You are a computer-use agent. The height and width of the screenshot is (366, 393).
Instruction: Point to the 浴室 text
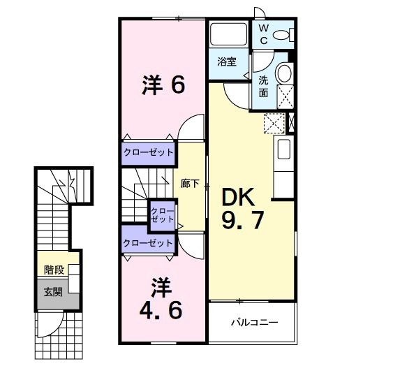pyautogui.click(x=226, y=61)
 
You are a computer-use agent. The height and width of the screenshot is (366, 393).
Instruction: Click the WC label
pyautogui.click(x=264, y=34)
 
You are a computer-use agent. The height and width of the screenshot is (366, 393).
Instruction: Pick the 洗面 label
pyautogui.click(x=264, y=86)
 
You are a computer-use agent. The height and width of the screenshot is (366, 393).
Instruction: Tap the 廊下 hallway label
pyautogui.click(x=190, y=184)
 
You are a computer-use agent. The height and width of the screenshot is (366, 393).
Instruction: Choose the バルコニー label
pyautogui.click(x=255, y=323)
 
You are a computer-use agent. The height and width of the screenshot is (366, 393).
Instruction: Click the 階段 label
pyautogui.click(x=53, y=270)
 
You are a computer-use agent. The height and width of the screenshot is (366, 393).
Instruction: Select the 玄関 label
pyautogui.click(x=53, y=291)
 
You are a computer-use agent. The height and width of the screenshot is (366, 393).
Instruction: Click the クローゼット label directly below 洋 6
pyautogui.click(x=148, y=152)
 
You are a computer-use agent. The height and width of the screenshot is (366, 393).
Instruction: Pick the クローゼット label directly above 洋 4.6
pyautogui.click(x=148, y=242)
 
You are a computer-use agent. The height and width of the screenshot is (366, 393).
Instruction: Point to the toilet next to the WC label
pyautogui.click(x=283, y=34)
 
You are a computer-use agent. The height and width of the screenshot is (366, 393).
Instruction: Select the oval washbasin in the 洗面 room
pyautogui.click(x=284, y=73)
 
